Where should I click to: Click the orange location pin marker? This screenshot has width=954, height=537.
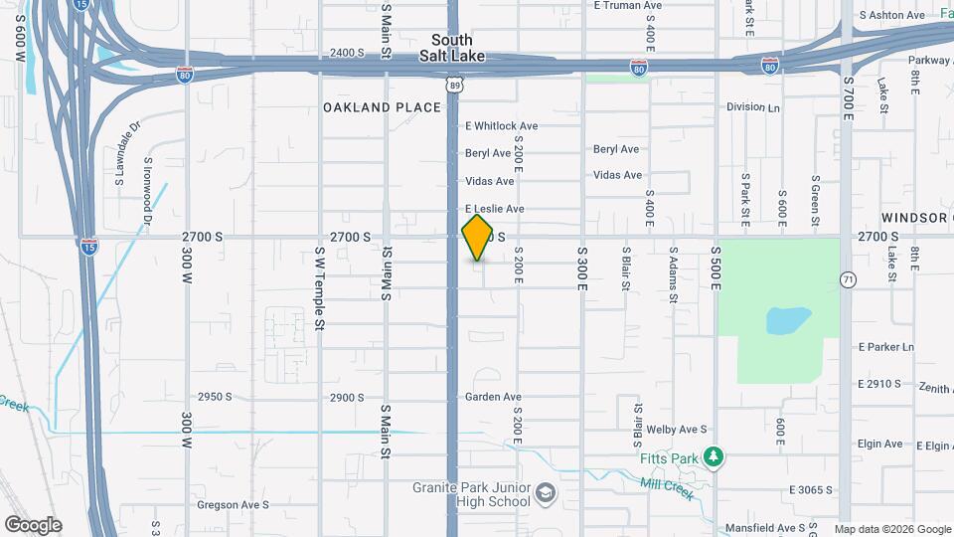[x=478, y=238]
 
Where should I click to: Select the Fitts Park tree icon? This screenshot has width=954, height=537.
[x=712, y=456]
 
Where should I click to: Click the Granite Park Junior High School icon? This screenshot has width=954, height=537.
[x=546, y=493]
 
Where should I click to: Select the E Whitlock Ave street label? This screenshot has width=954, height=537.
[x=502, y=126]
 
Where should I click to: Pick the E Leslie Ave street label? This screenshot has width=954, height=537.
[x=495, y=209]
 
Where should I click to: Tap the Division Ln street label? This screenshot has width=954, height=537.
[x=753, y=107]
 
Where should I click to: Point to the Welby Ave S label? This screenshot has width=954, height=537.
[x=676, y=430]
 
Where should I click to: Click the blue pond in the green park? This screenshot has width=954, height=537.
[x=788, y=320]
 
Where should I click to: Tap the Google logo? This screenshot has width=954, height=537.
[x=33, y=525]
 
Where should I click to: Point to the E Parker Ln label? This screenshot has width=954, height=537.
[x=885, y=347]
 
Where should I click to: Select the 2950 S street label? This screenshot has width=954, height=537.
[x=215, y=396]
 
